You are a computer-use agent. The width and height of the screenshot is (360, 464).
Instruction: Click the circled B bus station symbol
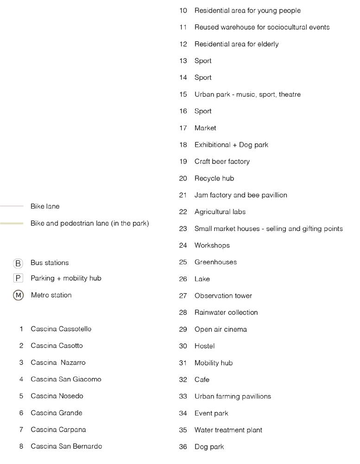point(18,263)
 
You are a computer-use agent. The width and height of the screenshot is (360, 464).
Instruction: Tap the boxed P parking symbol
point(18,278)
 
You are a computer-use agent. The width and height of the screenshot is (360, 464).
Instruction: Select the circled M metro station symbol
point(18,295)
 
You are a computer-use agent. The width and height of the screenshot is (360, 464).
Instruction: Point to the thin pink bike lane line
point(12,206)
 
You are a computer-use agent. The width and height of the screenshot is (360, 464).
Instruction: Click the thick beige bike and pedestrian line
point(12,223)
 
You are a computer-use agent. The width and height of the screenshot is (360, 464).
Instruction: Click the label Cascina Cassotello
point(61,329)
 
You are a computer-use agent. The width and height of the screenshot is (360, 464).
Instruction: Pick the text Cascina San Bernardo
point(66,446)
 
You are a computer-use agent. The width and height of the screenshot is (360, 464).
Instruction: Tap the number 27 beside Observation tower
point(183,295)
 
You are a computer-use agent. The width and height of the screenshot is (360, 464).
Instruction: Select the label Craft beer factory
point(222,162)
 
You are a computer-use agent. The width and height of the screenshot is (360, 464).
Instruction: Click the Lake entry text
point(202,279)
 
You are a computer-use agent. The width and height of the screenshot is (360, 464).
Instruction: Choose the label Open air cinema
point(221,329)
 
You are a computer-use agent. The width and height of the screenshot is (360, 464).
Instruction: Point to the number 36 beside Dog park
point(183,447)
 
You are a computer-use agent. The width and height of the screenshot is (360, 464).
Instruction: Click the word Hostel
point(204,346)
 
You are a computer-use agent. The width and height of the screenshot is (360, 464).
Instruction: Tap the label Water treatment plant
point(228,430)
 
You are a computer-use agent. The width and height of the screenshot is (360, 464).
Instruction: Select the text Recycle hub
point(214,178)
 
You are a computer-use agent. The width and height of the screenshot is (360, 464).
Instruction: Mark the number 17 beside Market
point(183,128)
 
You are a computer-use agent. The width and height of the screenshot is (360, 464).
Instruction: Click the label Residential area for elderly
point(236,44)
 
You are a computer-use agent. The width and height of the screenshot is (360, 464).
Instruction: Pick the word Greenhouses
point(215,262)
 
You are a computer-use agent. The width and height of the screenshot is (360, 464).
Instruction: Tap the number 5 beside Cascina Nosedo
point(21,396)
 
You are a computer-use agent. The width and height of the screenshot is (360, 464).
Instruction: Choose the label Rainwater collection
point(226,312)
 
